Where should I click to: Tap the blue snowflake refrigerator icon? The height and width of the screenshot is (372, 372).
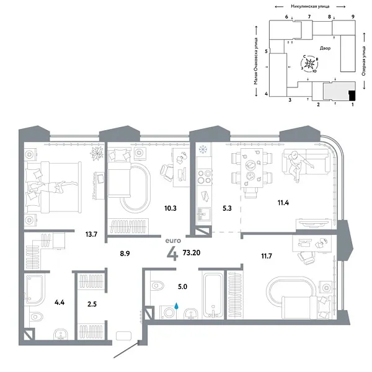[201, 149]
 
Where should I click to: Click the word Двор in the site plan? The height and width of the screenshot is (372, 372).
[326, 48]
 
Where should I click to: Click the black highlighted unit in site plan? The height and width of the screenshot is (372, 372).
[352, 95]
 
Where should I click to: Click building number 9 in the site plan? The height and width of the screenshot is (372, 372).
[352, 16]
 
